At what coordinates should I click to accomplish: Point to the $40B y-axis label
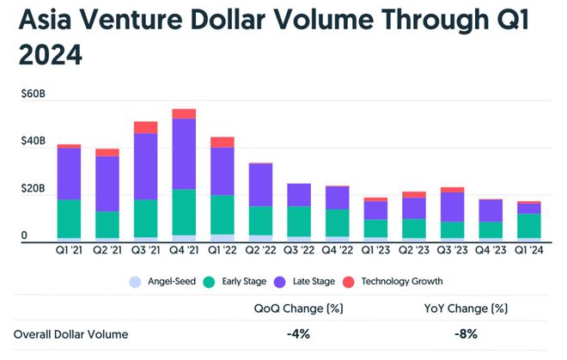pos(33,140)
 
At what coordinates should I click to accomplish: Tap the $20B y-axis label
pos(33,188)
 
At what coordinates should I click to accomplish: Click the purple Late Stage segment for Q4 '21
pos(184,154)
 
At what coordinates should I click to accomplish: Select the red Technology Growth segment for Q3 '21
pos(146,127)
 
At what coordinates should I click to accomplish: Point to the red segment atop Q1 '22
pos(223,142)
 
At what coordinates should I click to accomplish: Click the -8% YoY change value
pos(465,335)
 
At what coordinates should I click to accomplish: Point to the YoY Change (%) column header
pos(465,308)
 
